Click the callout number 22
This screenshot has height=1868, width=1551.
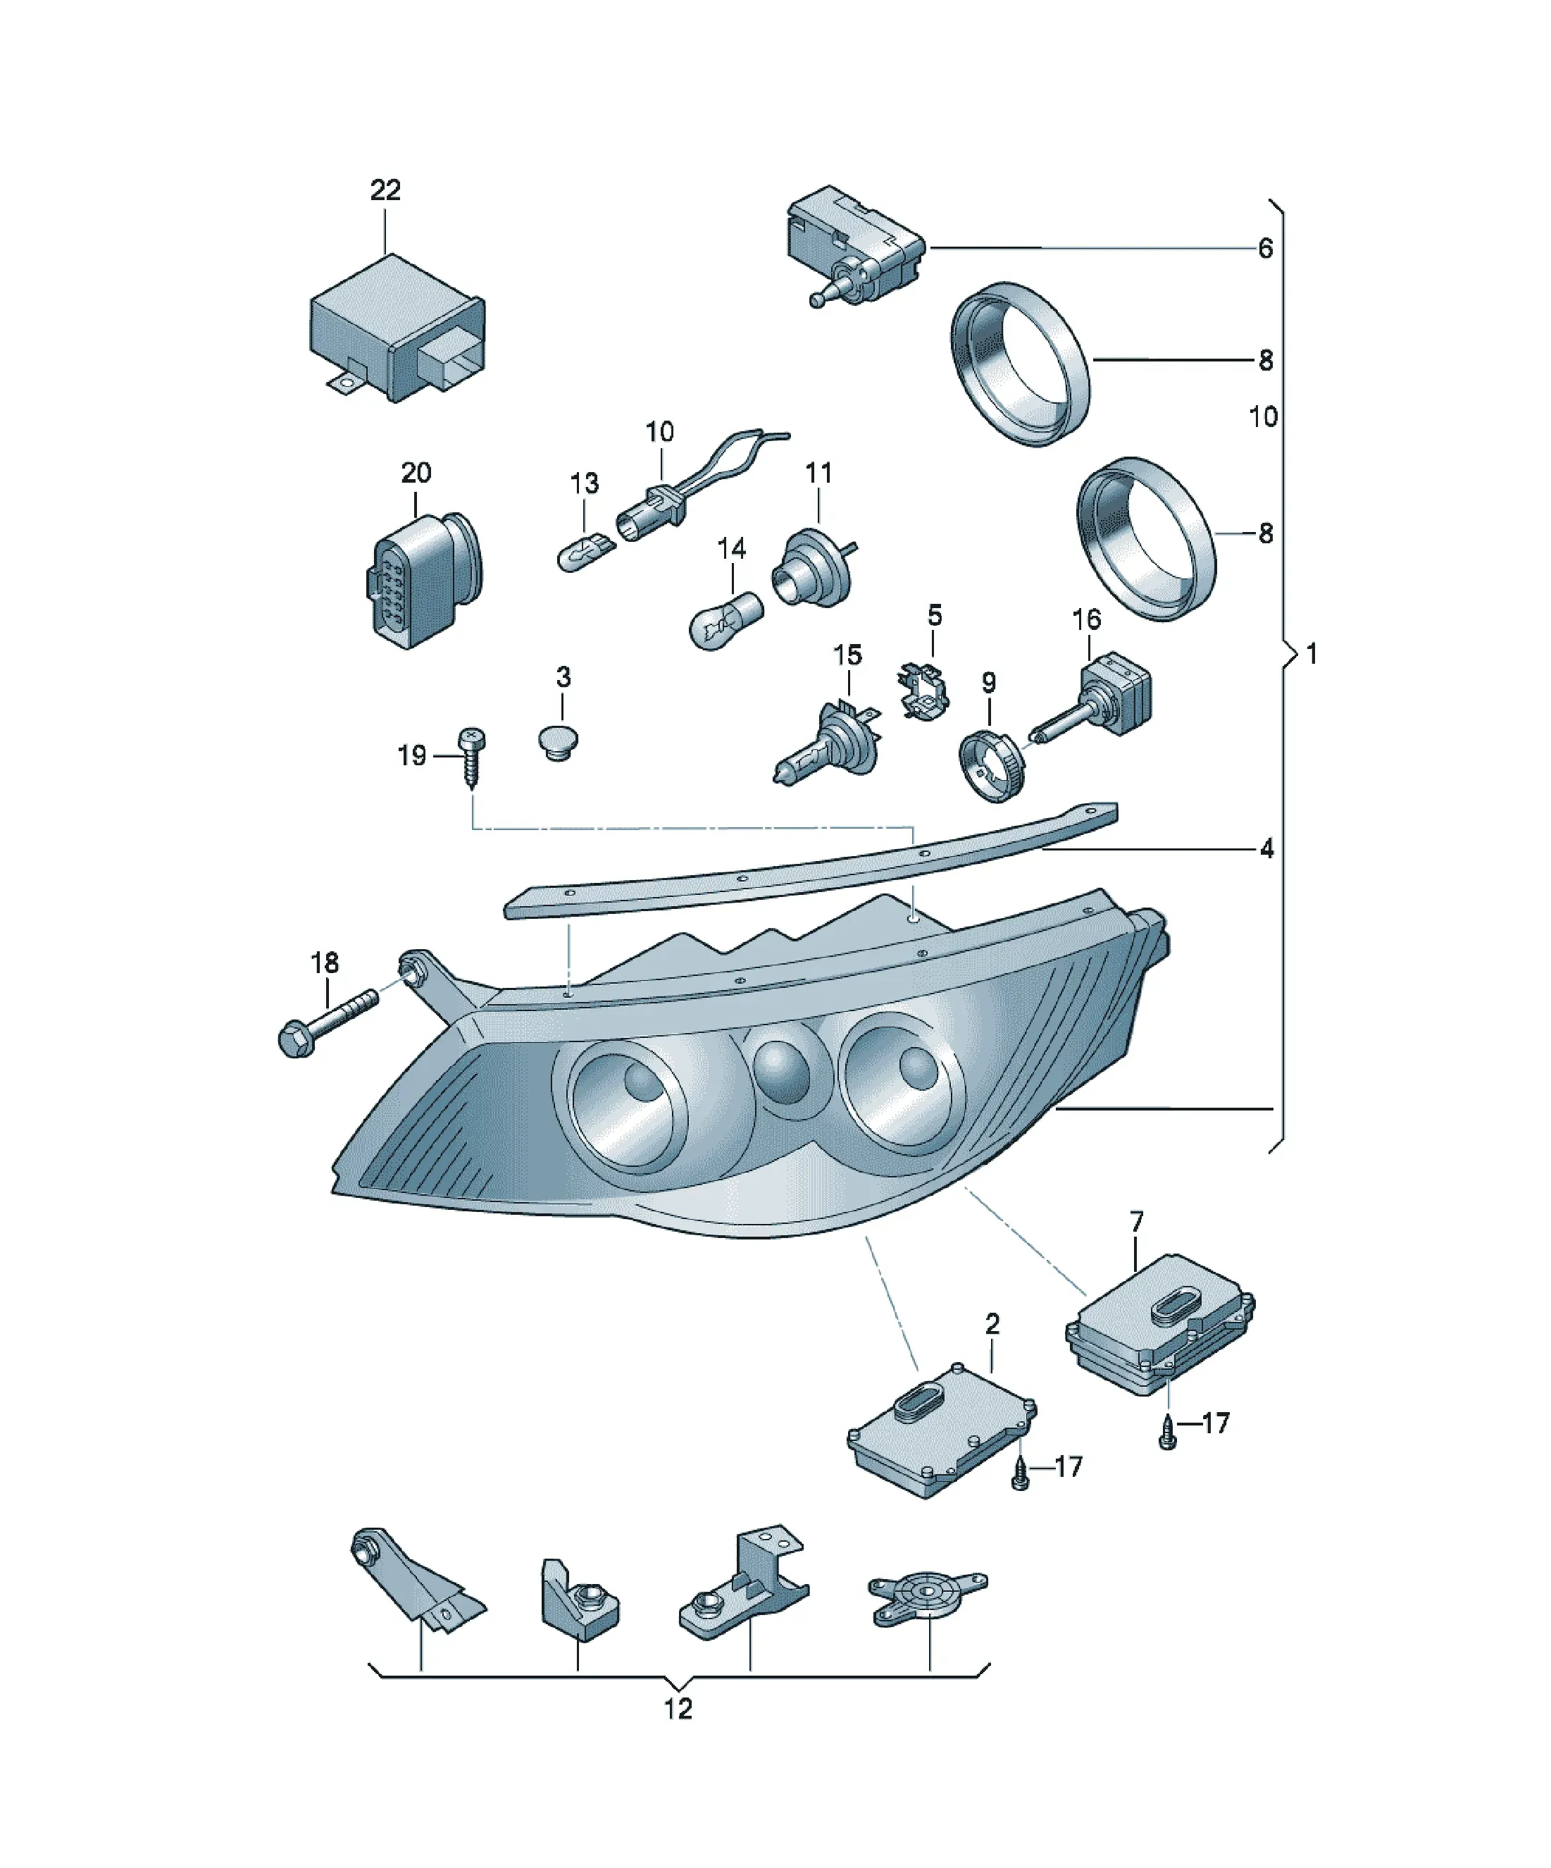point(385,190)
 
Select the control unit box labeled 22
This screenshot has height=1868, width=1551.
point(397,328)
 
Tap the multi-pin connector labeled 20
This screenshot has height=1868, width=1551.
point(423,579)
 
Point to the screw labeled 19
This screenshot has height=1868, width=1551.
point(471,757)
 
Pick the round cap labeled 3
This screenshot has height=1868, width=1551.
point(559,742)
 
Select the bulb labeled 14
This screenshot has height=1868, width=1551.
point(725,619)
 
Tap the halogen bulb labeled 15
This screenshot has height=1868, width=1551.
point(827,743)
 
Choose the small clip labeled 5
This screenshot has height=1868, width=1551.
point(925,691)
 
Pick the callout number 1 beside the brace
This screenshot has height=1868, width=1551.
point(1311,654)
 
